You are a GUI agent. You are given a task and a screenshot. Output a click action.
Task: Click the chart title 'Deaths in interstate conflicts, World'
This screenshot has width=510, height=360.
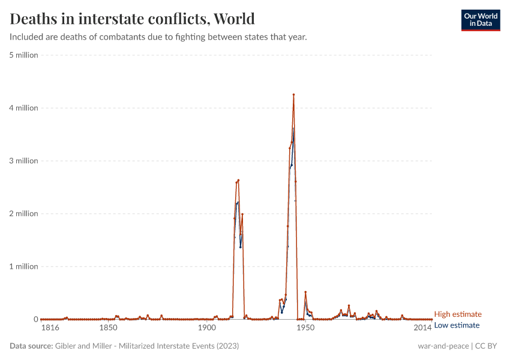[x=132, y=19]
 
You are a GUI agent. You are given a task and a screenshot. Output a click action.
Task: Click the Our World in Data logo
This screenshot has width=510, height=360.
[x=480, y=20]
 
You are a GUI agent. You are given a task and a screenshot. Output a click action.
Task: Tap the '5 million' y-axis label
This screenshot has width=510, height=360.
[x=23, y=55]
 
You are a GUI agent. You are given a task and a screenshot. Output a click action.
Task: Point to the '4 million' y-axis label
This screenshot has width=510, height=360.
[x=23, y=108]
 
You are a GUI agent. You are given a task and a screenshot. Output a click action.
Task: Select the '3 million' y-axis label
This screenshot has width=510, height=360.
[x=23, y=161]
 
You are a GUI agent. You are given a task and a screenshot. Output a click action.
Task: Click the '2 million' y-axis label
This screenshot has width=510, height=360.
[x=23, y=214]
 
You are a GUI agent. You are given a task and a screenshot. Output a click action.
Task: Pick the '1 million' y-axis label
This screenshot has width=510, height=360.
[x=23, y=266]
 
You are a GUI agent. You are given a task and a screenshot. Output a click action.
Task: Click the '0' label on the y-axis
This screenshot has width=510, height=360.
[x=35, y=319]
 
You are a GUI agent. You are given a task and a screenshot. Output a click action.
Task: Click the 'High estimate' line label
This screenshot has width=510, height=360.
[x=457, y=314]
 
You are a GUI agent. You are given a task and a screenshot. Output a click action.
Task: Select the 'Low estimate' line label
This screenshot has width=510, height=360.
[x=457, y=325]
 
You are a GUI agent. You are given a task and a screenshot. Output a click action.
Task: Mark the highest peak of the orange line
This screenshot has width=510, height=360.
[x=293, y=95]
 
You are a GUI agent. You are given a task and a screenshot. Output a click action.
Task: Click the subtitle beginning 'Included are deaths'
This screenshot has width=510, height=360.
[x=158, y=37]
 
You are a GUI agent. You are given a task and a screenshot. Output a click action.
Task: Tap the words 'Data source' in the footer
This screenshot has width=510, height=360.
[x=31, y=346]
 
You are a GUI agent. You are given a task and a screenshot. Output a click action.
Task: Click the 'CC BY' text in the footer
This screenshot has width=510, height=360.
[x=488, y=346]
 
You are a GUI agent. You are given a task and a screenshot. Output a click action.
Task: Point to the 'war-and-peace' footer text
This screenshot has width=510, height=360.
[x=443, y=346]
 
